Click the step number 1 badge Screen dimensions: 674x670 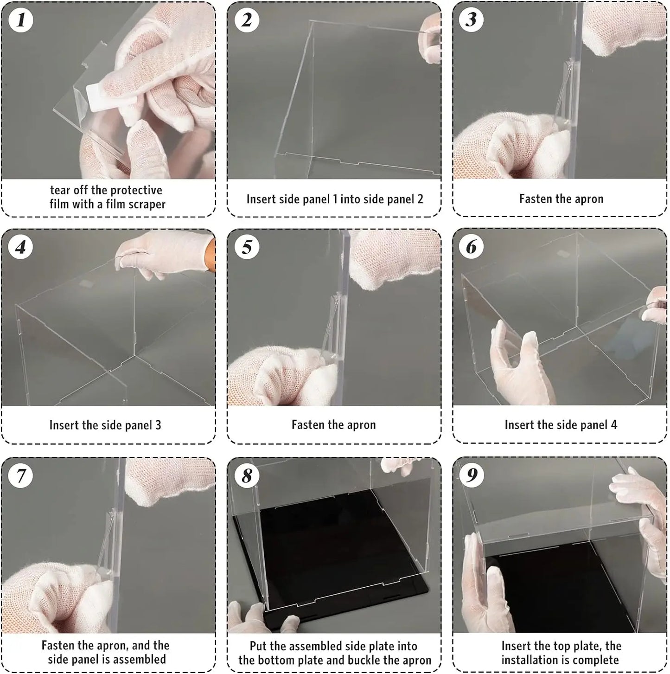point(20,20)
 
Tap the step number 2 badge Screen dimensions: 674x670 point(246,20)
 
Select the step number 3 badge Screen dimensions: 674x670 point(471,20)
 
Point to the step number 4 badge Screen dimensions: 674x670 point(20,247)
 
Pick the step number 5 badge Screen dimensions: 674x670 point(246,247)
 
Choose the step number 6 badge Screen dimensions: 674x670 point(471,247)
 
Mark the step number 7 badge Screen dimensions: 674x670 point(20,475)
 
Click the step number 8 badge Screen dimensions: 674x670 point(246,475)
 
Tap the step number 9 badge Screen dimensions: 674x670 point(471,475)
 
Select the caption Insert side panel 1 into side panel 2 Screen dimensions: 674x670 point(334,199)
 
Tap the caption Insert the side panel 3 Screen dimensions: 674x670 point(105,425)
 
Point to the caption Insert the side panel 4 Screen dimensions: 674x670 point(561,425)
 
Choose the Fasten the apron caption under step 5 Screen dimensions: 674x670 point(333,425)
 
